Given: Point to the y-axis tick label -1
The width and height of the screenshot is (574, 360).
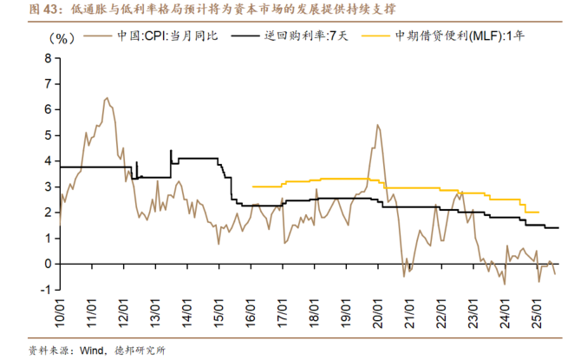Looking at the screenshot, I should (x=45, y=289).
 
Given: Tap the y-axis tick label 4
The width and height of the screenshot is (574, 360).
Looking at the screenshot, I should (x=48, y=161).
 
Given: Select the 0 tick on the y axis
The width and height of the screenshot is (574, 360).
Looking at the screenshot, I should (x=48, y=264).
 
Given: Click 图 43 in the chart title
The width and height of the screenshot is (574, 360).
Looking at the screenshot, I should (x=21, y=9).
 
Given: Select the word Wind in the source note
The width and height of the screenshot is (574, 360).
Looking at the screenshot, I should (x=93, y=350).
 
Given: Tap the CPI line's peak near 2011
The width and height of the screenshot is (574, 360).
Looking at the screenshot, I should (x=106, y=98).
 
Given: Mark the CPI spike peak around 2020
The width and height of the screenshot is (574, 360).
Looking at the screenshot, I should (x=377, y=125).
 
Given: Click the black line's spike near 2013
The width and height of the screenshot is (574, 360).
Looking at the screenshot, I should (x=170, y=150).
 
